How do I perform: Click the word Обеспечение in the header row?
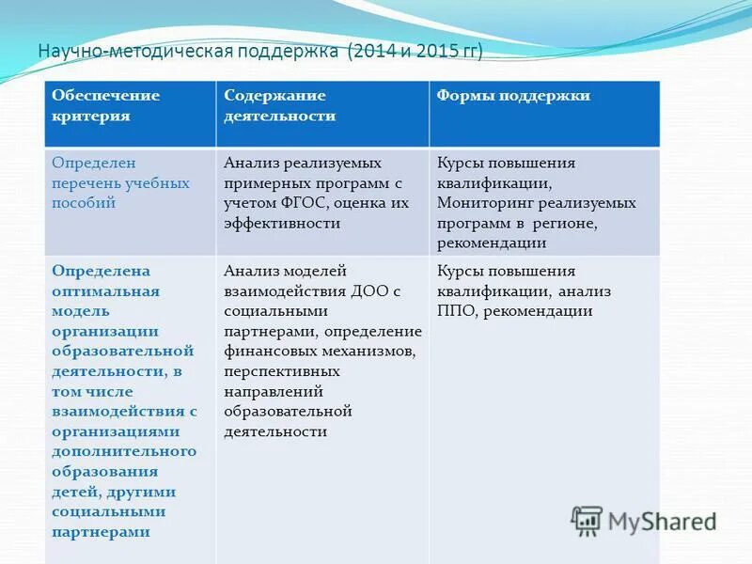105,96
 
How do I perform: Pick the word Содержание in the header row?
274,96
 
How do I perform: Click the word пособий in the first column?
84,203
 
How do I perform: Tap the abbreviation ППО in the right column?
456,312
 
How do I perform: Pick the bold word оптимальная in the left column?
105,291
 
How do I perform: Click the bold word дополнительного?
123,451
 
